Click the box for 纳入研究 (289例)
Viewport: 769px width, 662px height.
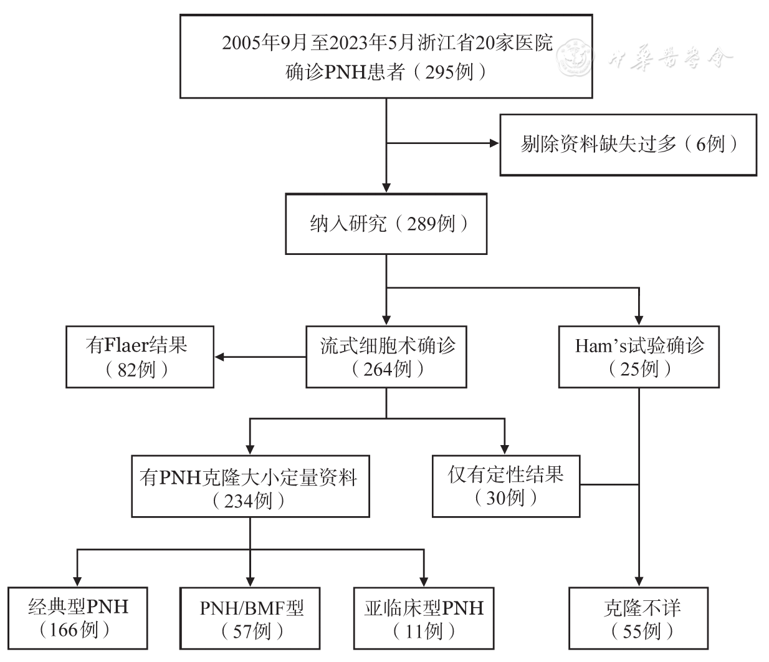(386, 224)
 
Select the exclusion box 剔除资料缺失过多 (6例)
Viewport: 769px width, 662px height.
(628, 145)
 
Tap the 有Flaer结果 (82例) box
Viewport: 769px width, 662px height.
(140, 357)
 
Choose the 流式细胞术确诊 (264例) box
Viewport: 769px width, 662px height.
(386, 357)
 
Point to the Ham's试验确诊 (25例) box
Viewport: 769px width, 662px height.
(639, 357)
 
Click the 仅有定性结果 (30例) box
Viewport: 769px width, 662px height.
(505, 486)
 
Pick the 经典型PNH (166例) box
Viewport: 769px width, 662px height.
(78, 618)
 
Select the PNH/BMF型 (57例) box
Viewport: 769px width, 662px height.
(251, 618)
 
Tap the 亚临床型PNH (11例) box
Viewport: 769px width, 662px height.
(424, 618)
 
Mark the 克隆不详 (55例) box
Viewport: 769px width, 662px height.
(639, 618)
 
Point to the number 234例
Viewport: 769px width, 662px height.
(249, 501)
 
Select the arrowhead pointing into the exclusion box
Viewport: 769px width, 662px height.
(495, 144)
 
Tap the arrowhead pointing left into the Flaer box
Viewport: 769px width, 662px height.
(219, 357)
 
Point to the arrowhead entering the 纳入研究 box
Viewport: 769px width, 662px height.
(386, 189)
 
